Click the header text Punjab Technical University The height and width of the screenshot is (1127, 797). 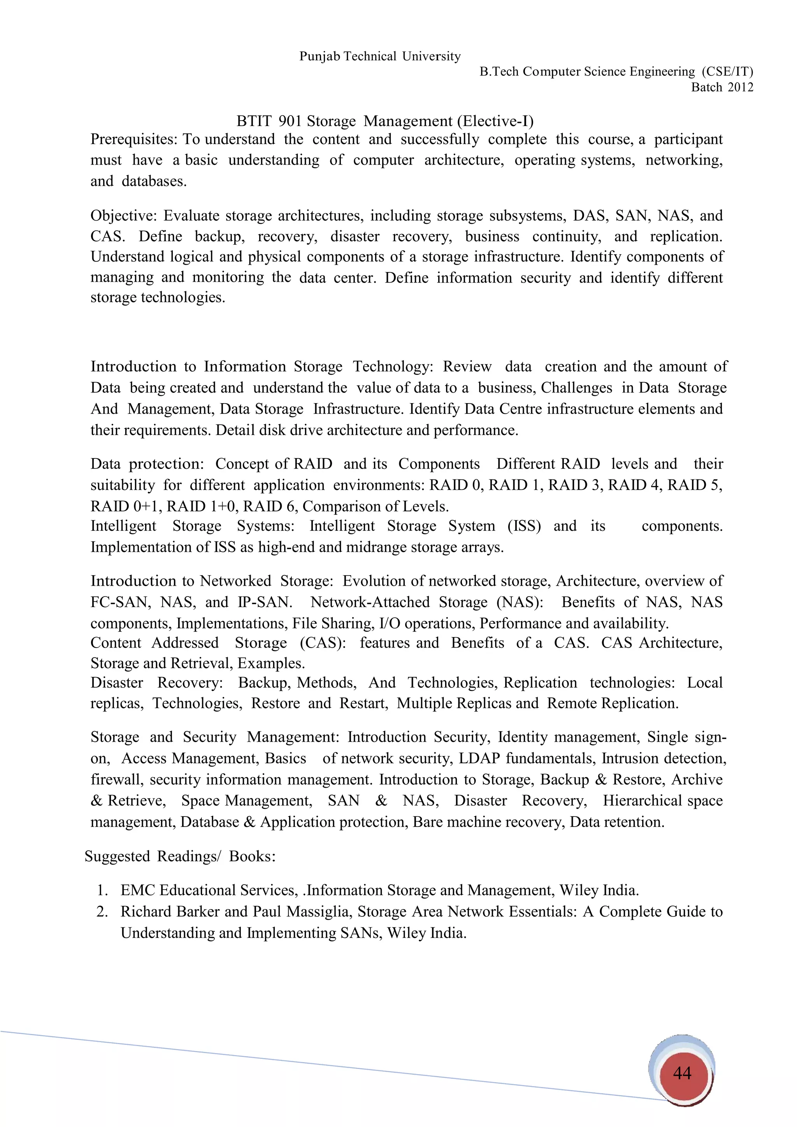(380, 56)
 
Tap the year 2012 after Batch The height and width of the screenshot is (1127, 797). (740, 88)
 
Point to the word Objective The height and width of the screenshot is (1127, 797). (124, 216)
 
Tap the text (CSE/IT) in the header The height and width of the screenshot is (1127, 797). (727, 72)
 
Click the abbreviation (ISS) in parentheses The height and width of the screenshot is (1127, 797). (524, 526)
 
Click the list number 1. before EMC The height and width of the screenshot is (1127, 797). (102, 890)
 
